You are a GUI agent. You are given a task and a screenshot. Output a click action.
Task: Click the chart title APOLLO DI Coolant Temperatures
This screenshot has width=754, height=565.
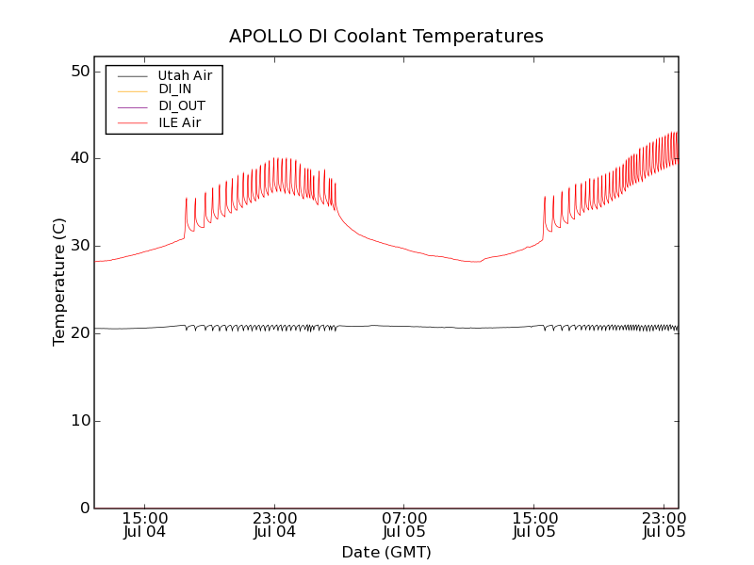tap(386, 37)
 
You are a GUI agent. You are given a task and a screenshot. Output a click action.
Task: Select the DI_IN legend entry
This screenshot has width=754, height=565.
tap(175, 89)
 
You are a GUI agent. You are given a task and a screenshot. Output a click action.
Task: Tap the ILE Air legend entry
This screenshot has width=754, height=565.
tap(179, 122)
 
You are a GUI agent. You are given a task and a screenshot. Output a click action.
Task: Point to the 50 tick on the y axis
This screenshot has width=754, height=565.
tap(79, 72)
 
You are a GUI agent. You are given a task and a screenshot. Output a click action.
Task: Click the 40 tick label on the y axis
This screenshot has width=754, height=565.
tap(79, 158)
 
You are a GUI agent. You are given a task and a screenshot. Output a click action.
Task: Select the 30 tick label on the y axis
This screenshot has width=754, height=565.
tap(79, 246)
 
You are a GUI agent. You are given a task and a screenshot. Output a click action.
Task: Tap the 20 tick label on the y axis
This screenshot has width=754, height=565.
tap(79, 333)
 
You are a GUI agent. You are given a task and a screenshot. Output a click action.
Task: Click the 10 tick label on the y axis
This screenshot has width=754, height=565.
tap(79, 421)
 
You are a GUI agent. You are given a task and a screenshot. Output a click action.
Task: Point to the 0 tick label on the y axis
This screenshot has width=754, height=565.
tap(84, 508)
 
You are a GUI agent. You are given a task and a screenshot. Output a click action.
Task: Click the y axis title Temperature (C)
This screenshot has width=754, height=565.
tap(59, 282)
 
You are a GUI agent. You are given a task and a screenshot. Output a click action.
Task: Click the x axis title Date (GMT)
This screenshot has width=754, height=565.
tap(386, 552)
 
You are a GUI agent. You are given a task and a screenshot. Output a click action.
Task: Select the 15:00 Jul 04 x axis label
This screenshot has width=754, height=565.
tap(145, 525)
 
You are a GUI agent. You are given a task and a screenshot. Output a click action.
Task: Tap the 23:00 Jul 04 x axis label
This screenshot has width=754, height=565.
tap(275, 525)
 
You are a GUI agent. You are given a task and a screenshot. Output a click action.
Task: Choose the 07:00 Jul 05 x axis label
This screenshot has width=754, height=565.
tap(404, 525)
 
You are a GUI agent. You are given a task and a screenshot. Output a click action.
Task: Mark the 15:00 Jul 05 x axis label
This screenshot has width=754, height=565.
tap(534, 525)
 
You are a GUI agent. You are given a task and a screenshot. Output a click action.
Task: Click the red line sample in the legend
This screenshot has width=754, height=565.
tap(133, 122)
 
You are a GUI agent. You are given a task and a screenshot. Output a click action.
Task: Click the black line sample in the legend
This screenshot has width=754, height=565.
tap(133, 74)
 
